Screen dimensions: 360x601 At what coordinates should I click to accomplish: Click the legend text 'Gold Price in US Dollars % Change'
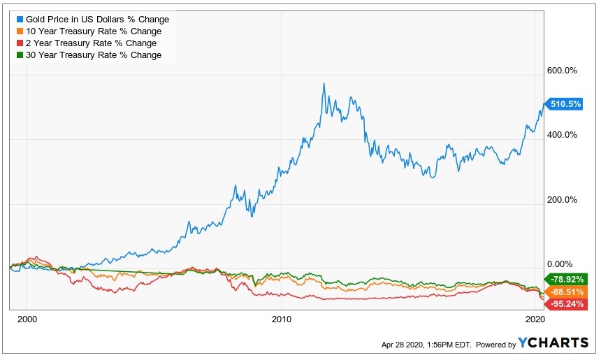click(97, 20)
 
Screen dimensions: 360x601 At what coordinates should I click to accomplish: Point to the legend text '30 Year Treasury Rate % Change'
click(93, 55)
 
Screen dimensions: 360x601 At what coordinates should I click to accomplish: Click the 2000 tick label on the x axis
click(27, 319)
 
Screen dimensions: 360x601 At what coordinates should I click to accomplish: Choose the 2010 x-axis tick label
click(281, 319)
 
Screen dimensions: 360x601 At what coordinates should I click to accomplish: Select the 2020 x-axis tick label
click(535, 319)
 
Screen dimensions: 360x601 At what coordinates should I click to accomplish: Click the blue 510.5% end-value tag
click(566, 105)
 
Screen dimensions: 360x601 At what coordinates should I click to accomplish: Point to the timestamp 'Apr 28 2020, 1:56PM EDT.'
click(426, 345)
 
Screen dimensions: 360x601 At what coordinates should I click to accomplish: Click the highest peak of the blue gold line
click(324, 83)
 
